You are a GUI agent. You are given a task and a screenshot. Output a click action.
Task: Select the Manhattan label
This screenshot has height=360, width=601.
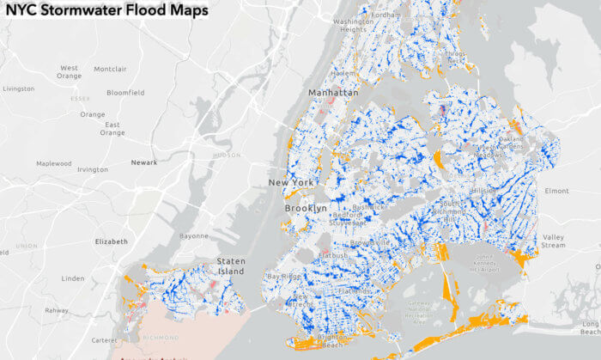click(333, 92)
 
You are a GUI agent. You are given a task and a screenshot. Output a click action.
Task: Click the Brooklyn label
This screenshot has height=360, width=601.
click(306, 209)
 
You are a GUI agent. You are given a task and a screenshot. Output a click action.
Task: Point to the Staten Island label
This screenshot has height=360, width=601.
click(230, 266)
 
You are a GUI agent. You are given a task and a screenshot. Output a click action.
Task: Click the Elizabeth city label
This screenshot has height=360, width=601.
click(111, 241)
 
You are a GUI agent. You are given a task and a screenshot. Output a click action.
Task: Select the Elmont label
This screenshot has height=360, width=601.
click(556, 191)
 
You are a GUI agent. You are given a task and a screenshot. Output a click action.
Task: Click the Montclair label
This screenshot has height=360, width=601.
click(109, 69)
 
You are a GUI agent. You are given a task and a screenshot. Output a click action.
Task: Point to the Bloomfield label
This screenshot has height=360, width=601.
click(125, 92)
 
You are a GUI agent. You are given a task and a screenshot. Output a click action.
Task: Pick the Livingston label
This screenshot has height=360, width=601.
click(18, 88)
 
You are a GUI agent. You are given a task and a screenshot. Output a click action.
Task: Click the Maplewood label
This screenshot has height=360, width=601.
click(53, 163)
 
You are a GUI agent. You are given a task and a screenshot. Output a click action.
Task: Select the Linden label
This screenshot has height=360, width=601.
click(73, 278)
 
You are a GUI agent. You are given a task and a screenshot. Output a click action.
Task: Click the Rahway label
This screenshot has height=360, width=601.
click(57, 311)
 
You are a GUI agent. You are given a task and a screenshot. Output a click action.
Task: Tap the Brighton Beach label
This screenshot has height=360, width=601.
click(330, 341)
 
